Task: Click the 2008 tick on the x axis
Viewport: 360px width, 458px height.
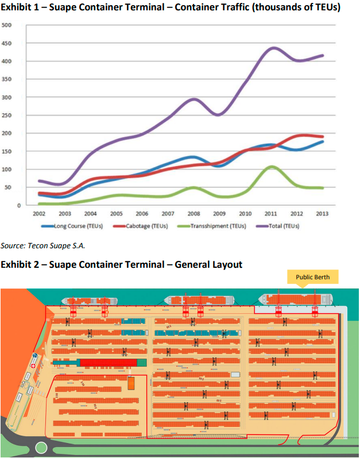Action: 194,213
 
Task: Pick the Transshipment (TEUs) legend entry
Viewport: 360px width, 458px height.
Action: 216,226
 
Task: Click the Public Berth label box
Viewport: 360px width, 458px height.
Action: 312,278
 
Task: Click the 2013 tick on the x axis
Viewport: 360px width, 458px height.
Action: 323,213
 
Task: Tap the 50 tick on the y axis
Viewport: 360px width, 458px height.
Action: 7,187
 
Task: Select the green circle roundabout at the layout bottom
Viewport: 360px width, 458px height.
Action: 41,448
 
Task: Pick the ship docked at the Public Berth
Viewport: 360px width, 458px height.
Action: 296,299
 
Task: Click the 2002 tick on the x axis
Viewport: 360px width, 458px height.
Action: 39,213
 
